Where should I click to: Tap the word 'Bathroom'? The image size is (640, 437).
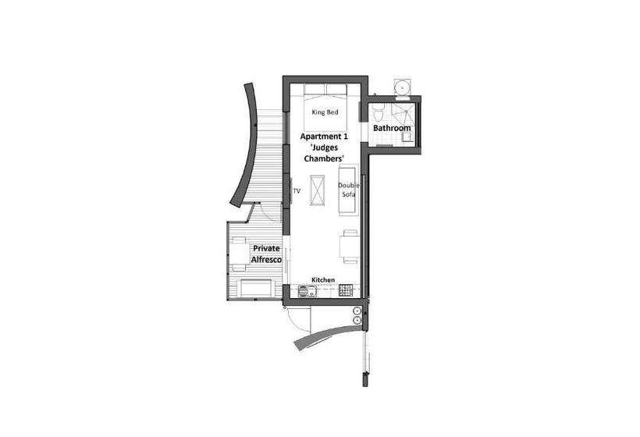pos(392,128)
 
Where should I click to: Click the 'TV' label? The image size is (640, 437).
pos(297,190)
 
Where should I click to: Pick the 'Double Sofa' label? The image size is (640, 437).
pos(347,190)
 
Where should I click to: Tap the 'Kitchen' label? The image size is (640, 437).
pos(323,279)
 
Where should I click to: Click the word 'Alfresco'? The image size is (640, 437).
pos(266,259)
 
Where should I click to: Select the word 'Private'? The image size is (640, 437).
pos(266,248)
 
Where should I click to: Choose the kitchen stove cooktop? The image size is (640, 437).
pos(347,292)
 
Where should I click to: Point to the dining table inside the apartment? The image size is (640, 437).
pos(349,246)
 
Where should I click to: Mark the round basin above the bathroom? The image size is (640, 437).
pos(403,87)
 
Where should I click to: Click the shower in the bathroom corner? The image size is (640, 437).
pos(407,137)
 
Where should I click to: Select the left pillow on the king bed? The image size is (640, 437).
pos(310,87)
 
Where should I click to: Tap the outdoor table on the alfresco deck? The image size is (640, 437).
pos(238,253)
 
